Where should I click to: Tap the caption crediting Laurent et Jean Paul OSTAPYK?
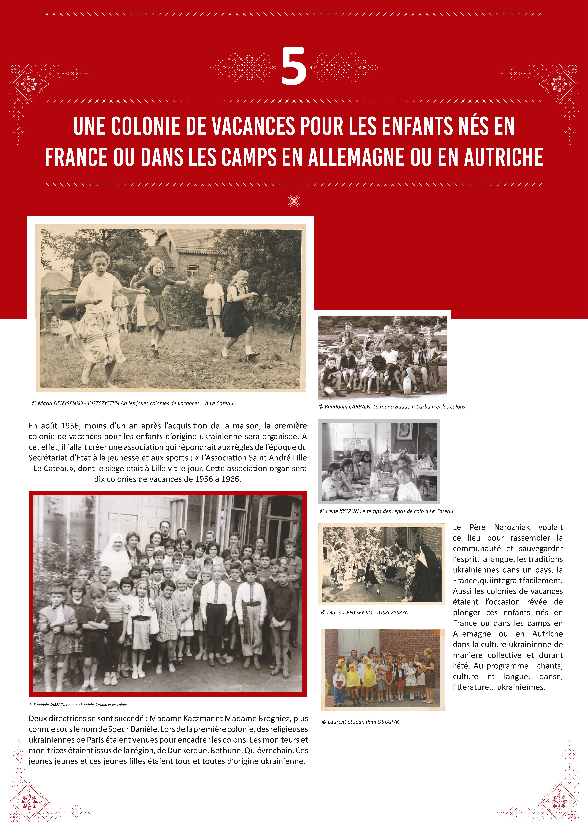pyautogui.click(x=360, y=722)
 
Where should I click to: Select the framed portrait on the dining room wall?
pyautogui.click(x=404, y=431)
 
